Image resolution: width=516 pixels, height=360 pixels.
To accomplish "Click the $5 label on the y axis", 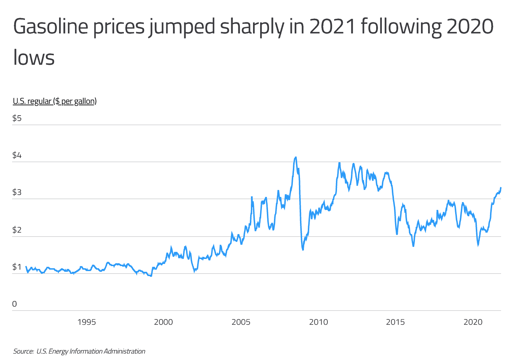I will pos(17,118).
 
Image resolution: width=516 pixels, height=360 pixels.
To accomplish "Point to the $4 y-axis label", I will pos(17,155).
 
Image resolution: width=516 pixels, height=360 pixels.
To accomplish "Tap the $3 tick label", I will pos(17,192).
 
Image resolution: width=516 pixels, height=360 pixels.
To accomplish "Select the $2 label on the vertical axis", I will pos(17,230).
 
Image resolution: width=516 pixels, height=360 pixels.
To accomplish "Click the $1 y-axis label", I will pos(17,267).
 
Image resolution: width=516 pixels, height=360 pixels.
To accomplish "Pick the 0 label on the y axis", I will pos(15,304).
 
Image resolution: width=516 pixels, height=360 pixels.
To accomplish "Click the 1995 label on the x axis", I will pos(86,322).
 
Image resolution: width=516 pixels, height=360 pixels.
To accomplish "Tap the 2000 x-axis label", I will pos(163,322).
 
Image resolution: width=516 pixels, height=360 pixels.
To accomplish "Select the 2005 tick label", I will pos(241,322).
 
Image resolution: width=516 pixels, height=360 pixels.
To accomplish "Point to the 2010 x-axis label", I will pos(318,322).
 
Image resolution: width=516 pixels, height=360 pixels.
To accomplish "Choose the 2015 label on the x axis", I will pos(395,322).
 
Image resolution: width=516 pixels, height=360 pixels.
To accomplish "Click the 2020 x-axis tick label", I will pos(473,322).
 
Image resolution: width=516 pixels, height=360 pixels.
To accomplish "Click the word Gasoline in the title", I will pos(50,27).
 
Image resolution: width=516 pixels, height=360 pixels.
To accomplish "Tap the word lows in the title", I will pos(34,58).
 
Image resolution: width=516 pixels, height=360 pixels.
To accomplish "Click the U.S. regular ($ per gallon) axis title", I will pos(55,101).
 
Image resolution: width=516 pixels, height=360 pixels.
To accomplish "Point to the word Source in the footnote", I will pos(23,351).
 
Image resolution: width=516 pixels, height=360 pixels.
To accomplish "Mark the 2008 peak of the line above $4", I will pos(295,157).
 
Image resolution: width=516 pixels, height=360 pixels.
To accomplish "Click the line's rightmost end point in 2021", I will pos(501,188).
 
